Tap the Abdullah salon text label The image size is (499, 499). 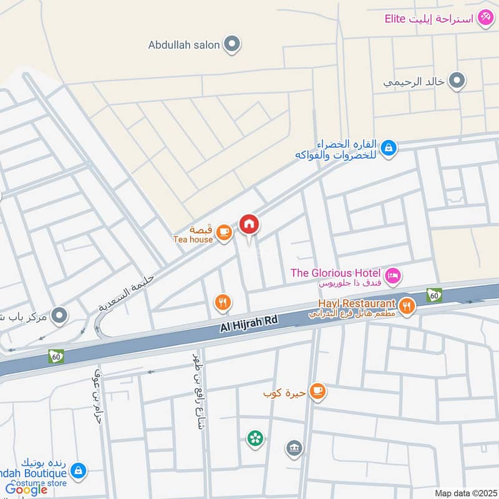pos(184,45)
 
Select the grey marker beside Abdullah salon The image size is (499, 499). pos(232,44)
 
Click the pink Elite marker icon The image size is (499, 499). pos(485,19)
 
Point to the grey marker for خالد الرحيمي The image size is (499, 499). pos(457,81)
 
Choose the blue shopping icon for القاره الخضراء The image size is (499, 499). pos(389,148)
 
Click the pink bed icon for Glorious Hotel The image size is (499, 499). pos(392,275)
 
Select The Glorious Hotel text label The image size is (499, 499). pos(336,273)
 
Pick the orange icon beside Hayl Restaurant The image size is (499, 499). pos(407,306)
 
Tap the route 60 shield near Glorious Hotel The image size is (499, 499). pos(434,295)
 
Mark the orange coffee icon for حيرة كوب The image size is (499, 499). pos(317,390)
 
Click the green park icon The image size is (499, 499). pos(254,438)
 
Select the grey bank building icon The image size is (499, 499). pos(294,447)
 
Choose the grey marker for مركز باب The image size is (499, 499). pos(59,316)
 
